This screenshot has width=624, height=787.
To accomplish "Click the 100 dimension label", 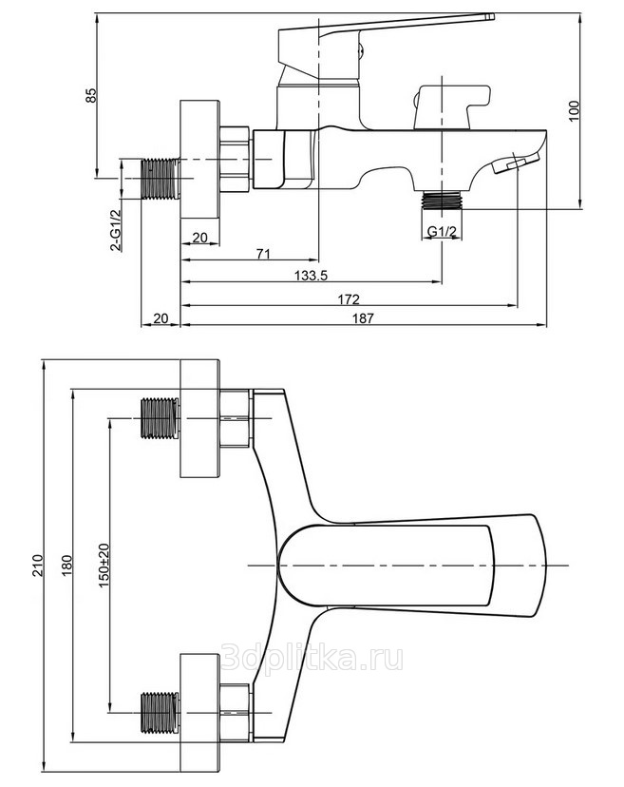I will [x=572, y=109].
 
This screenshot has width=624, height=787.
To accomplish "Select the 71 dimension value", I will [x=263, y=254].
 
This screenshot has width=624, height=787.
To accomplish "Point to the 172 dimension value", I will [x=350, y=299].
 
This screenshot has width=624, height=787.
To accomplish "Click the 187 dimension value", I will [x=362, y=319].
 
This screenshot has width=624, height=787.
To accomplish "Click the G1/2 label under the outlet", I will [x=442, y=231].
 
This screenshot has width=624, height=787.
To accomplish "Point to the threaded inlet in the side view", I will [x=160, y=178].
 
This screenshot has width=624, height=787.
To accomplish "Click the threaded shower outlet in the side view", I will [x=442, y=202].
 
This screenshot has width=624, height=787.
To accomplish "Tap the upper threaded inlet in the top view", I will [x=160, y=419].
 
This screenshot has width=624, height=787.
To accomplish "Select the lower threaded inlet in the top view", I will [x=160, y=714].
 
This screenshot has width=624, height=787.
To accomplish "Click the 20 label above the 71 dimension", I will [x=200, y=238].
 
